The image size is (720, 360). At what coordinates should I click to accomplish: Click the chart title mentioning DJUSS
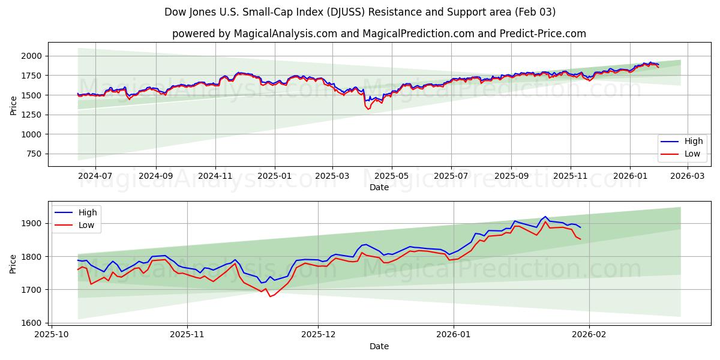pyautogui.click(x=360, y=12)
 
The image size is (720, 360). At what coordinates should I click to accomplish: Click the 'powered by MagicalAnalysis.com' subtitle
pyautogui.click(x=379, y=34)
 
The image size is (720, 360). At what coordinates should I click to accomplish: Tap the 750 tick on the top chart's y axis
pyautogui.click(x=35, y=154)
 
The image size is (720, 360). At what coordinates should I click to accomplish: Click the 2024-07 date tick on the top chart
pyautogui.click(x=96, y=176)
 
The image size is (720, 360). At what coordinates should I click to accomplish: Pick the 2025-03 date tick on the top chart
pyautogui.click(x=332, y=176)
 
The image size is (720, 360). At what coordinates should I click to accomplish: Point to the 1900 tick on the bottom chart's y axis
pyautogui.click(x=35, y=223)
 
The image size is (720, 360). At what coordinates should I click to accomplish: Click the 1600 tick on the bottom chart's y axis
pyautogui.click(x=35, y=323)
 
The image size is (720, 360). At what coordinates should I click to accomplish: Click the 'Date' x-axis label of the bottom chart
pyautogui.click(x=379, y=346)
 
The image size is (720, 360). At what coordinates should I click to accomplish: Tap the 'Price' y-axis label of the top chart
pyautogui.click(x=14, y=104)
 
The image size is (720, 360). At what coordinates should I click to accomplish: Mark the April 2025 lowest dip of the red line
pyautogui.click(x=368, y=109)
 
